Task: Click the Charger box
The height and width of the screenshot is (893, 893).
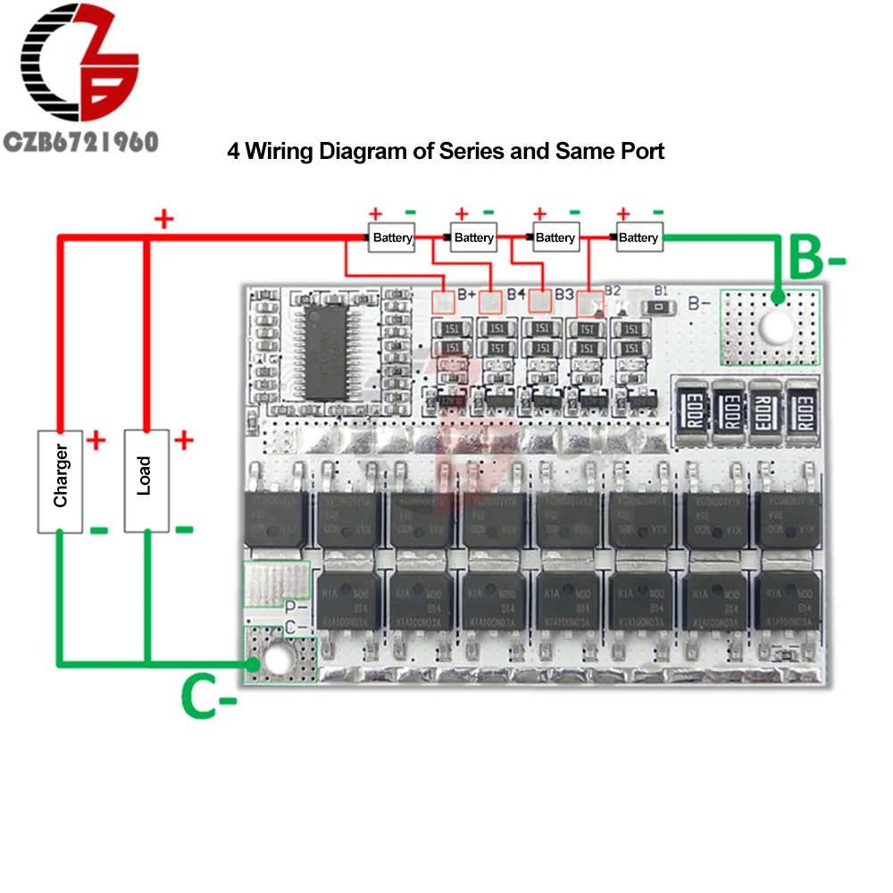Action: pyautogui.click(x=60, y=480)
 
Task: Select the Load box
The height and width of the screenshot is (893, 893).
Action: pyautogui.click(x=146, y=480)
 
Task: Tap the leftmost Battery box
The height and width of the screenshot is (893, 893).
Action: pyautogui.click(x=392, y=238)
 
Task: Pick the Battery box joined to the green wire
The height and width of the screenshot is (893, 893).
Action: pyautogui.click(x=638, y=238)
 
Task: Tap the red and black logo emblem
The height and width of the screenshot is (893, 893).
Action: pyautogui.click(x=80, y=67)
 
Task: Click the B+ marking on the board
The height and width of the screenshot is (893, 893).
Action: pyautogui.click(x=466, y=294)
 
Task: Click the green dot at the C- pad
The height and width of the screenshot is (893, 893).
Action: pyautogui.click(x=255, y=664)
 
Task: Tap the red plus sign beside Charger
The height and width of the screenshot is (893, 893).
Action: pyautogui.click(x=96, y=439)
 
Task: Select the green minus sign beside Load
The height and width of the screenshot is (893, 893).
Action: pyautogui.click(x=184, y=529)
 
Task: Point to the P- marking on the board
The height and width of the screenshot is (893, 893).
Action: pyautogui.click(x=296, y=605)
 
